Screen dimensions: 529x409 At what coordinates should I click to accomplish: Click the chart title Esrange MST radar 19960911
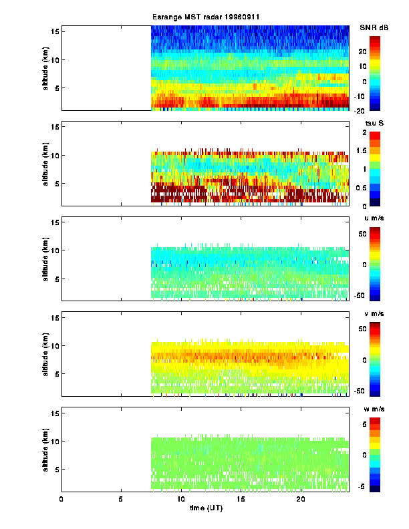coord(204,16)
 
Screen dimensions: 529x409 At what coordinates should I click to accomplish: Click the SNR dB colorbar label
coord(374,27)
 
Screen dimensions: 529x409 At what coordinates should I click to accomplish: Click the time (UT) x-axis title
coord(204,509)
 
